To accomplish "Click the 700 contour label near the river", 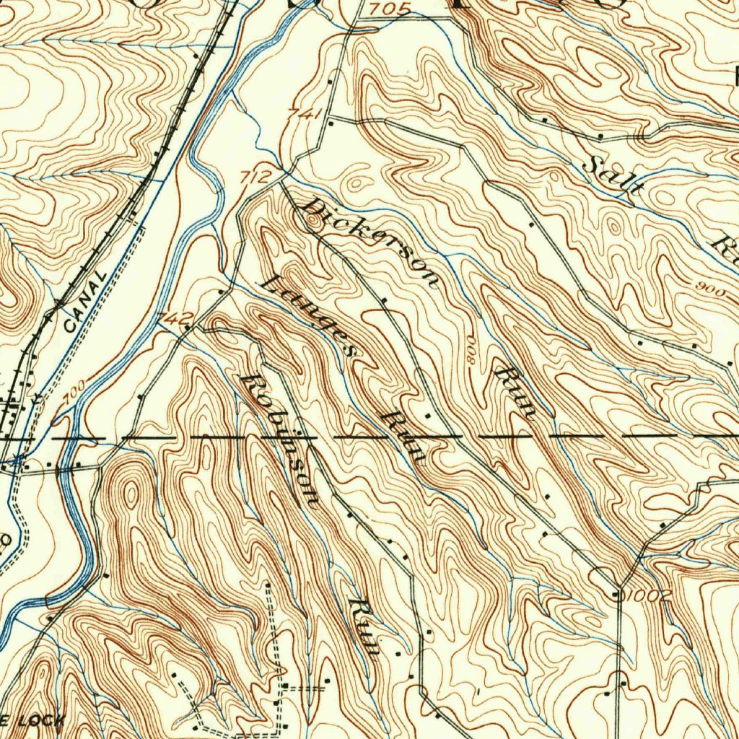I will [73, 390].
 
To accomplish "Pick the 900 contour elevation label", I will [710, 286].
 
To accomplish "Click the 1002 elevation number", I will [649, 595].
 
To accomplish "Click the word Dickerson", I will [369, 242].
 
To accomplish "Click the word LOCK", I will [43, 720].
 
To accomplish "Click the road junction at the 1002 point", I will [618, 594].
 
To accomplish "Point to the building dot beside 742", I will [189, 327].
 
